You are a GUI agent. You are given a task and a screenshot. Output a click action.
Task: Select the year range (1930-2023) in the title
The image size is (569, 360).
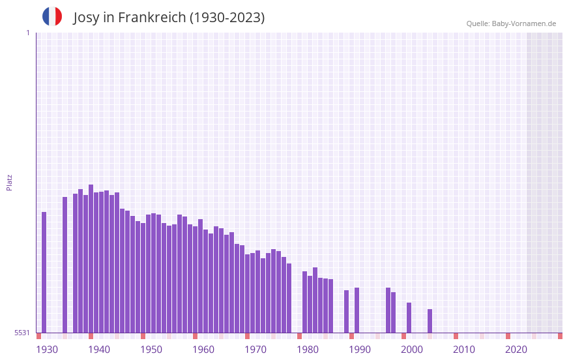227,18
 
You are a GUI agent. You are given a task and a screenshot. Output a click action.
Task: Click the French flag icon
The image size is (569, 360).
52,16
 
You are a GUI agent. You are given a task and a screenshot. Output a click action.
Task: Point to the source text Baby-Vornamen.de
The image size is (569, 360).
523,23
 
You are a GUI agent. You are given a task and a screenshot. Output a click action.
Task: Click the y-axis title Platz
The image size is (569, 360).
9,182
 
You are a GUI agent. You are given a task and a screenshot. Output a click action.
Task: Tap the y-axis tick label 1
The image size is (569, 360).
27,33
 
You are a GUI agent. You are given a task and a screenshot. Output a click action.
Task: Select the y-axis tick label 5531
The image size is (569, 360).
23,333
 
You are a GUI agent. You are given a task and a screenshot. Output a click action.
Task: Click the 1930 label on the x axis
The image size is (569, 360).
47,350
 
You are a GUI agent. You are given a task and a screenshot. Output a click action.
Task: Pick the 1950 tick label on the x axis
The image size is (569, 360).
151,350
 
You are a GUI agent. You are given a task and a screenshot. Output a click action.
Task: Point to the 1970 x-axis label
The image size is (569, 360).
255,350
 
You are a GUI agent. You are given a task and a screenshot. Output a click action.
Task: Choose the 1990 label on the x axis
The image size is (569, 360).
360,350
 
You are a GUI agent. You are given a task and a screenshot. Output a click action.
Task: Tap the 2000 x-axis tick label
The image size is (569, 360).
412,350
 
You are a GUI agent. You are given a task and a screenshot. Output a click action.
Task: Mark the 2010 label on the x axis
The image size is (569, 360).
464,350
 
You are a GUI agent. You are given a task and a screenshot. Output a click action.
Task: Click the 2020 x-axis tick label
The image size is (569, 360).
516,350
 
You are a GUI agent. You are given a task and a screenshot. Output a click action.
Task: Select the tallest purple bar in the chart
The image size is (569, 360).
91,258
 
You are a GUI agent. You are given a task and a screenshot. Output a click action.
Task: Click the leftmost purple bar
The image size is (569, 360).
44,272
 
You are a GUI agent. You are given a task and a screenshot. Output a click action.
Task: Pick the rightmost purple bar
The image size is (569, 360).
430,321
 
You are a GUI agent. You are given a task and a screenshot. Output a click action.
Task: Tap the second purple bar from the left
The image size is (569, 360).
65,265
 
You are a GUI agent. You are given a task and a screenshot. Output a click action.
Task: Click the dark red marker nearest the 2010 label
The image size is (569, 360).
456,336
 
